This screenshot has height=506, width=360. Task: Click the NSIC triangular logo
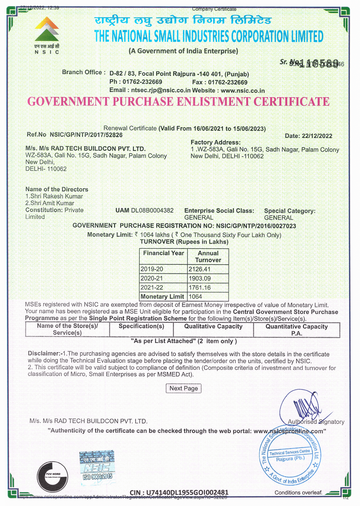pos(47,29)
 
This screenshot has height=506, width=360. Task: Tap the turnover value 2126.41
pos(200,269)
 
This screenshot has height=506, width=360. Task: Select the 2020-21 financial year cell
pos(152,278)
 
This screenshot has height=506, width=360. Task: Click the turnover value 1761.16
pos(200,287)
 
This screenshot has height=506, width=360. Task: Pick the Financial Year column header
pos(163,253)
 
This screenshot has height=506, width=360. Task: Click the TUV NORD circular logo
pos(52,476)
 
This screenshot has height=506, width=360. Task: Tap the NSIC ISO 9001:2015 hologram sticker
pos(97,468)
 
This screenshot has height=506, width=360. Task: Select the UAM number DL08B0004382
pos(152,211)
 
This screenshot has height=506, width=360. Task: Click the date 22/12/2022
pos(317,136)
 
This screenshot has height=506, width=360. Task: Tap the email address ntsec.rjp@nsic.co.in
pos(161,90)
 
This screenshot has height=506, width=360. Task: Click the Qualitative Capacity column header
pos(213,327)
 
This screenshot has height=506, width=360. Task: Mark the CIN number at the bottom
pos(179,492)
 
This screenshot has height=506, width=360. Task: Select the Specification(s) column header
pos(141,326)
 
